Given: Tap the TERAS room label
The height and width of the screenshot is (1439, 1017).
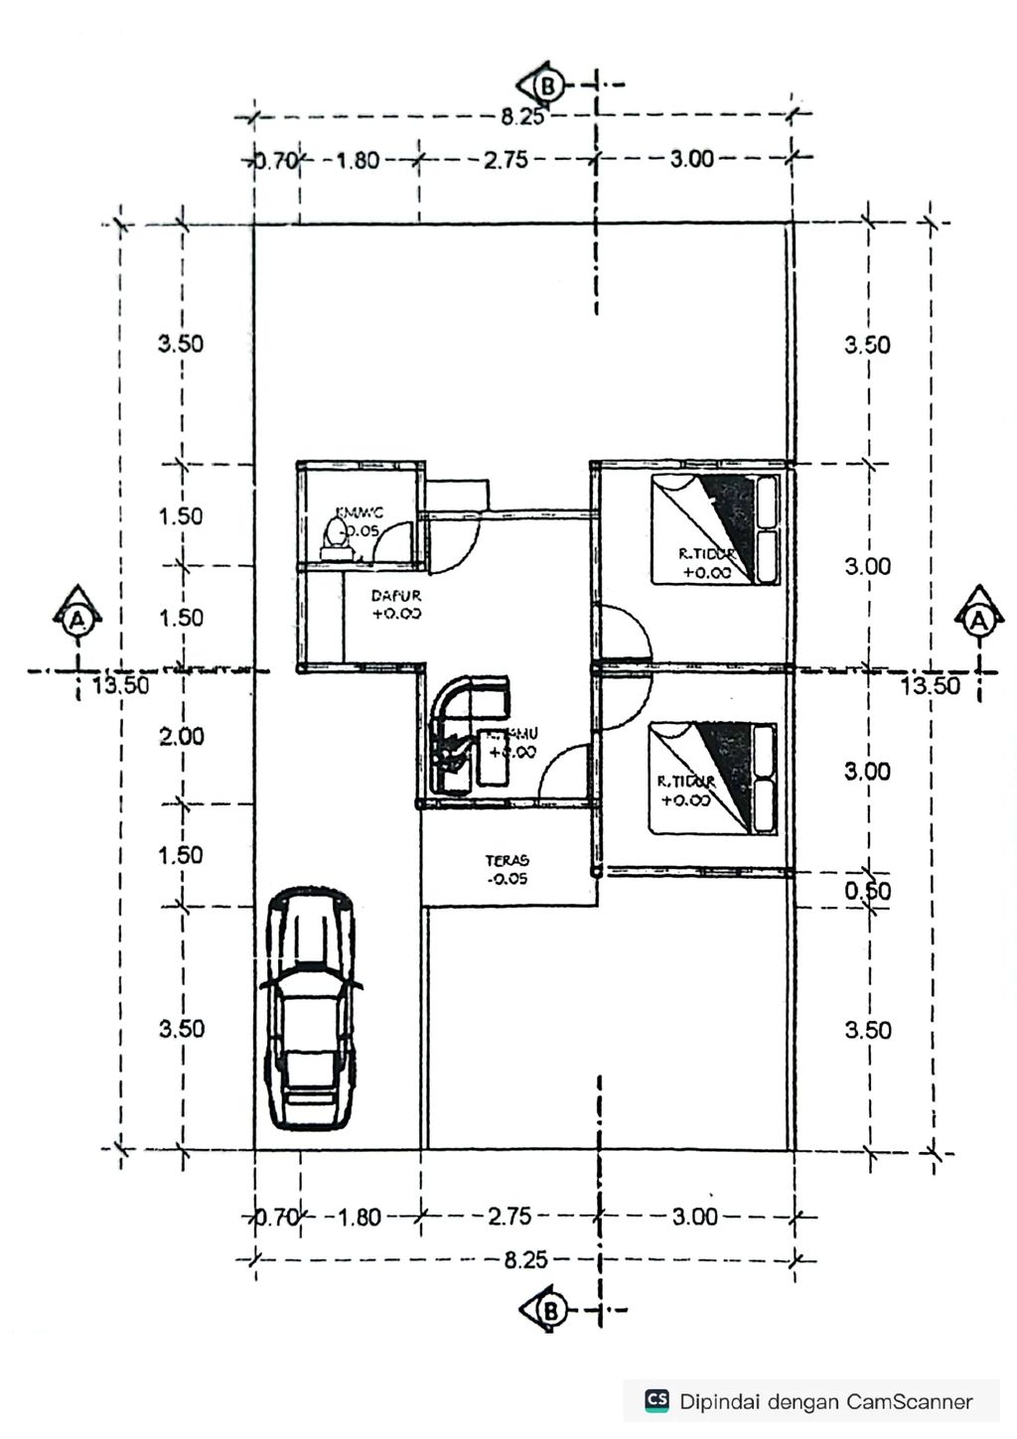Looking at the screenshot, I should [508, 869].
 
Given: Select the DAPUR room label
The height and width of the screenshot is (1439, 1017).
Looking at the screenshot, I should [396, 605].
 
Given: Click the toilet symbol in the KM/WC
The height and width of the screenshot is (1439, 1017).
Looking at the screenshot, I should [337, 538].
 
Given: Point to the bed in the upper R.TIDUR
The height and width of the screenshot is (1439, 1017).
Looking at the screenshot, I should [715, 529].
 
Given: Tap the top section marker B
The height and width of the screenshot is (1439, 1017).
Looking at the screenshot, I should [546, 85].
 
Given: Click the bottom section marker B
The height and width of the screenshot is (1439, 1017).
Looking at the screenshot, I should [547, 1311].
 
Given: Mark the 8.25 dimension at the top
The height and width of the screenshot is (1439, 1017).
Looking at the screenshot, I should [522, 117].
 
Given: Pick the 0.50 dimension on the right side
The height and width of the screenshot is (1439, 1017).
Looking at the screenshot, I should [868, 891].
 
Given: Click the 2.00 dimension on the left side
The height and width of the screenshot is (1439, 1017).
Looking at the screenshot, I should [181, 736].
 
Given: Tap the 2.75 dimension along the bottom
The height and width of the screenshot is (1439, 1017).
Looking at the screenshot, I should [508, 1216].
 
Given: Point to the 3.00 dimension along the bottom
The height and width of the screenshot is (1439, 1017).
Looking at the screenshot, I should [693, 1216].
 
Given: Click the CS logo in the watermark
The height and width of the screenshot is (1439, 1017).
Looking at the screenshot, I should [656, 1400].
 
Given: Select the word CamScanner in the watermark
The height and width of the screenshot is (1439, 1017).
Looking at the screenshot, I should [909, 1401].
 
